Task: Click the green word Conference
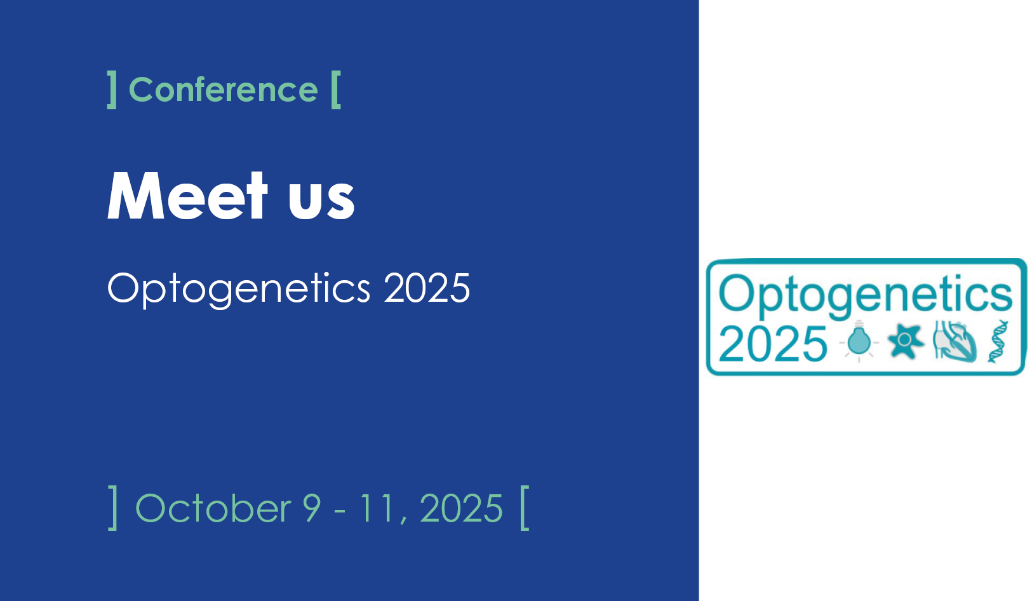pos(224,90)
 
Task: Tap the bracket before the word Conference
pos(112,90)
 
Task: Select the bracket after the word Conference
pos(336,90)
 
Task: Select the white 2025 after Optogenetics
pos(427,288)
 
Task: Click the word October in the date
pos(213,508)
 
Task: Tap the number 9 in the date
pos(311,508)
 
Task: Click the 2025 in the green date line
pos(461,508)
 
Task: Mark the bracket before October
pos(113,508)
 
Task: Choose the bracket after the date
pos(525,508)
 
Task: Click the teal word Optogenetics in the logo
pos(866,295)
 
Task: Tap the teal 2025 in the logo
pos(773,344)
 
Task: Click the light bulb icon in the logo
pos(859,341)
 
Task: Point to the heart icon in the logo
pos(955,342)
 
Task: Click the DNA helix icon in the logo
pos(998,342)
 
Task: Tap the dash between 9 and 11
pos(340,511)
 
